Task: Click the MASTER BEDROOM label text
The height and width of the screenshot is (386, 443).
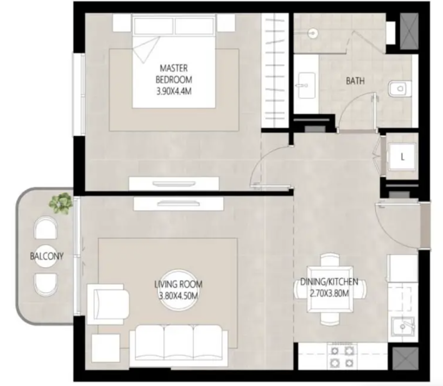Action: (x=174, y=74)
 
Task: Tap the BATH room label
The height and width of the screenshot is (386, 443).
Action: (x=355, y=81)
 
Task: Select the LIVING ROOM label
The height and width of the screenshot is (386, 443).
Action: (x=178, y=284)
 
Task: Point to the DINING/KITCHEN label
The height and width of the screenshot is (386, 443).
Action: (x=329, y=282)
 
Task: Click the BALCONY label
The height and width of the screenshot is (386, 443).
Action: (x=47, y=256)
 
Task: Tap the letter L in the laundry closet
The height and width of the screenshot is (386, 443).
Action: (x=402, y=157)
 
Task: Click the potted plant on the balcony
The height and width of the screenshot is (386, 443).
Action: (x=60, y=203)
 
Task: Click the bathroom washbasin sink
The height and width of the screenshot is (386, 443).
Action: (x=307, y=85)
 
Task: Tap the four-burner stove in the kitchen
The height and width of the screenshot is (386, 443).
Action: (x=342, y=357)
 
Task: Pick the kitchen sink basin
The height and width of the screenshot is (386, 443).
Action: (x=402, y=327)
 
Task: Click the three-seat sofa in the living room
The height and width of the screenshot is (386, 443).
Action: (x=179, y=346)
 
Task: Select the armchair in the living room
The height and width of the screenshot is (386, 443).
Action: (x=108, y=304)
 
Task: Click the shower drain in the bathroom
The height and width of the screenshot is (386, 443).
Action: (x=313, y=33)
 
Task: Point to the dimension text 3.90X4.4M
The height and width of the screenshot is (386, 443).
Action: (x=174, y=92)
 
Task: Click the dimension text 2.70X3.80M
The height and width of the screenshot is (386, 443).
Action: (x=329, y=294)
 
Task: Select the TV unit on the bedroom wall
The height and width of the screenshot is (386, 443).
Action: (x=174, y=183)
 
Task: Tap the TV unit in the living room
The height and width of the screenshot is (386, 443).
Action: (x=179, y=203)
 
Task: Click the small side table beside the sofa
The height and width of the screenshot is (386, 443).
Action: (x=106, y=348)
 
